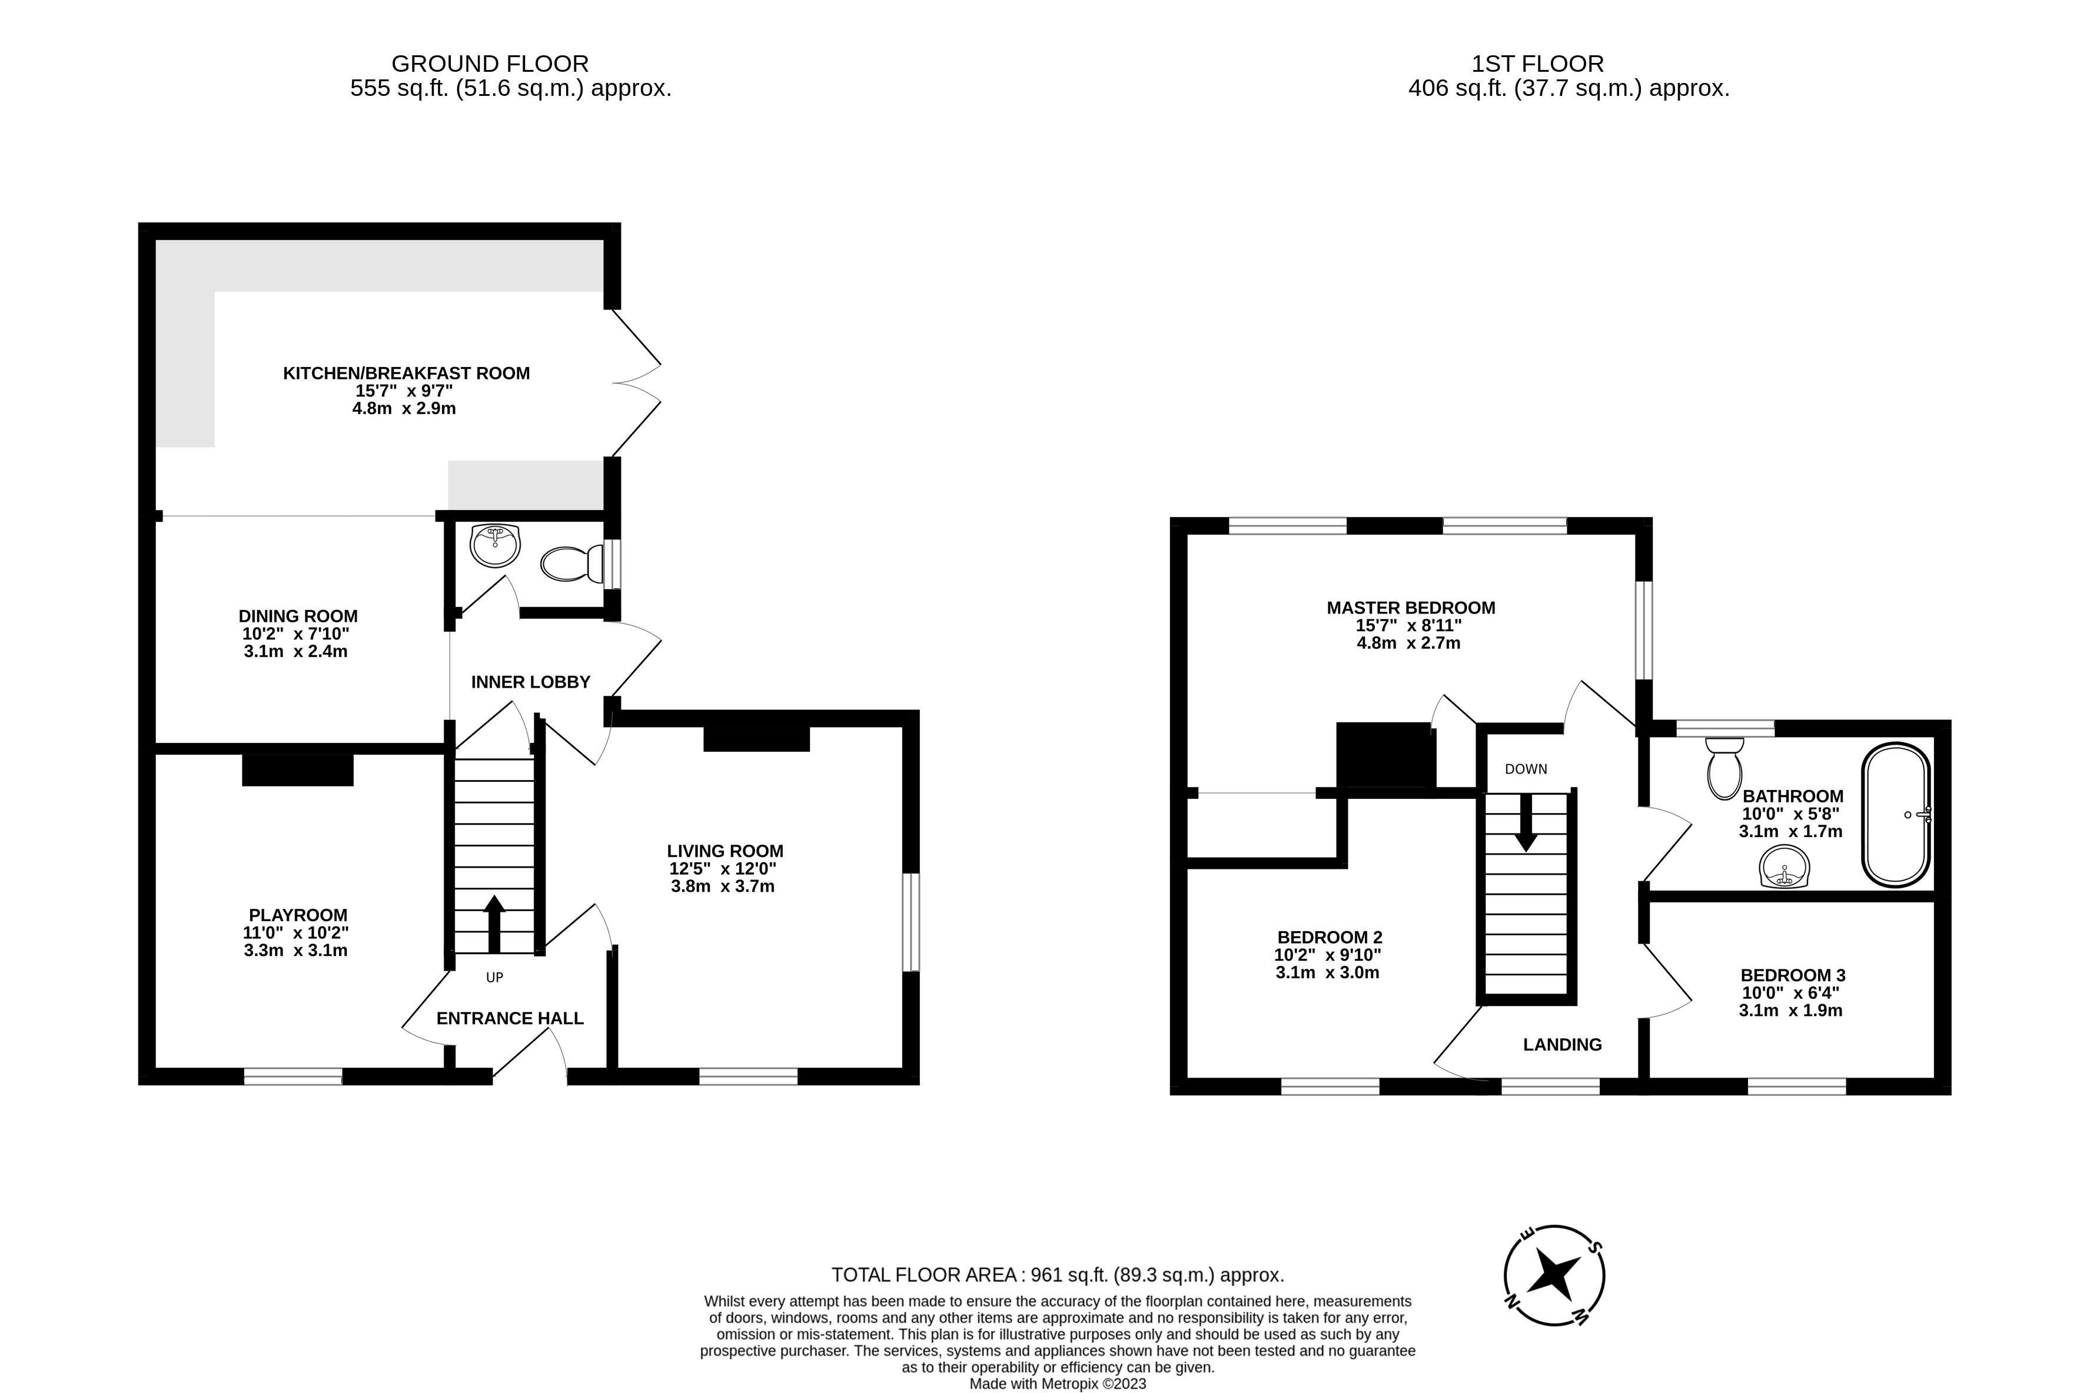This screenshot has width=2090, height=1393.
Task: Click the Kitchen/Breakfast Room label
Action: pos(406,373)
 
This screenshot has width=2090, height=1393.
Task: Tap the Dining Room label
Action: pos(298,616)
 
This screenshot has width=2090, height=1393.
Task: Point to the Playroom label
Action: pos(298,915)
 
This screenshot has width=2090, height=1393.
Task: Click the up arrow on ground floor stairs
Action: pos(494,924)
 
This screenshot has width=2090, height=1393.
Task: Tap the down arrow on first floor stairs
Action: pos(1526,822)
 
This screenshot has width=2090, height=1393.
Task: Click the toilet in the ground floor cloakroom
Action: pos(572,563)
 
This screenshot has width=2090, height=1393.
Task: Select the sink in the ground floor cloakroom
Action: pos(495,545)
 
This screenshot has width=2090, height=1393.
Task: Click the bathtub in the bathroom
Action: pos(1896,815)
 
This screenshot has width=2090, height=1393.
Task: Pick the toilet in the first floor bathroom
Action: pos(1725,768)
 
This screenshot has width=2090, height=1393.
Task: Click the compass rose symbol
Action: pos(1554,1276)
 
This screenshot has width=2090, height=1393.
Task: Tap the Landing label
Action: pos(1562,1045)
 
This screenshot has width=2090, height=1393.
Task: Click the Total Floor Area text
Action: pos(1058,1275)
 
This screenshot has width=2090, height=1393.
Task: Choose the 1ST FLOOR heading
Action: pos(1538,64)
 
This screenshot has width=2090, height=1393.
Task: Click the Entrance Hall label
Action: pos(510,1018)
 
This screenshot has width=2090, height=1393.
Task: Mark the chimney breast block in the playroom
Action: pos(298,769)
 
